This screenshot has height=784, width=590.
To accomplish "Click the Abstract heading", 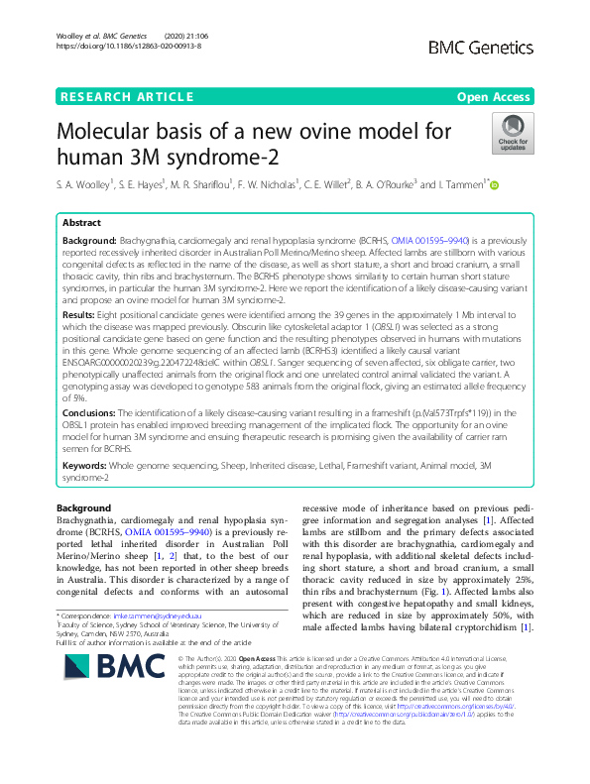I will point(82,224).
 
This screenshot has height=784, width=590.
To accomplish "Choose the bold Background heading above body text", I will point(84,508).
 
